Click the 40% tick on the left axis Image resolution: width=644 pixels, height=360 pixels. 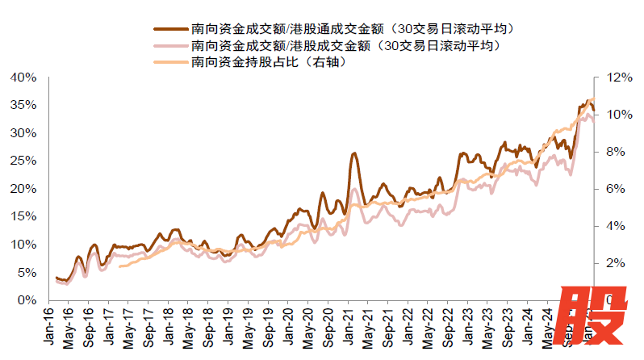pos(24,77)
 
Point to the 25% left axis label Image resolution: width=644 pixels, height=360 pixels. pos(24,161)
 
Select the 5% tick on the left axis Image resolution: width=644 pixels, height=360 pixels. pos(27,272)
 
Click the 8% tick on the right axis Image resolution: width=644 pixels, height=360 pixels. pos(612,152)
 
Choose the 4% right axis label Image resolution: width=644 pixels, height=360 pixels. pos(612,226)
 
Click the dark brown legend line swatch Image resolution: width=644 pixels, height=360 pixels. pos(169,28)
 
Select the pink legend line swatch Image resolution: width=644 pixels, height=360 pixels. pos(169,45)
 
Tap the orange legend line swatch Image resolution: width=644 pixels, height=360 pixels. pos(169,62)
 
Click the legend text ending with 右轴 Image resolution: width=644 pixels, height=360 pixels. pos(271,62)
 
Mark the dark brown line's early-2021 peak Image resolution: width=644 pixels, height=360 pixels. pos(354,153)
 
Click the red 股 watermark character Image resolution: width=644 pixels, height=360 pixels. pos(596,318)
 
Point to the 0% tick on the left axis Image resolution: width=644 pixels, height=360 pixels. pos(27,300)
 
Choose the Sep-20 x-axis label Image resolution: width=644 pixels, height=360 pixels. pos(328,326)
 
